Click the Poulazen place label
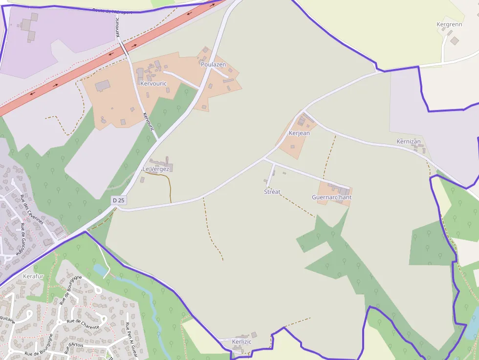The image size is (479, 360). [213, 64]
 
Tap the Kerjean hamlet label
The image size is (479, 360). [299, 133]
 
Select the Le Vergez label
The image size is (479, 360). [156, 169]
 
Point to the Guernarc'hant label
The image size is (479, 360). [332, 197]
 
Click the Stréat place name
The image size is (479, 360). [272, 192]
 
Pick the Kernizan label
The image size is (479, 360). [409, 142]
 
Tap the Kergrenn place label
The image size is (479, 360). [449, 24]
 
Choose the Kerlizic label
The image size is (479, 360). [242, 342]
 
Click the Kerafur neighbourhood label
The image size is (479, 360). [33, 276]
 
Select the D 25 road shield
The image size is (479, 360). [118, 200]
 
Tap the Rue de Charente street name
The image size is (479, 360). [83, 324]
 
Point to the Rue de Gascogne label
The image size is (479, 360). [23, 239]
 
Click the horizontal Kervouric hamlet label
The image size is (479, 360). [153, 84]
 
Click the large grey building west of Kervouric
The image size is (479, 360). [103, 86]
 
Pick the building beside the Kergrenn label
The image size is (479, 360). [455, 41]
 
